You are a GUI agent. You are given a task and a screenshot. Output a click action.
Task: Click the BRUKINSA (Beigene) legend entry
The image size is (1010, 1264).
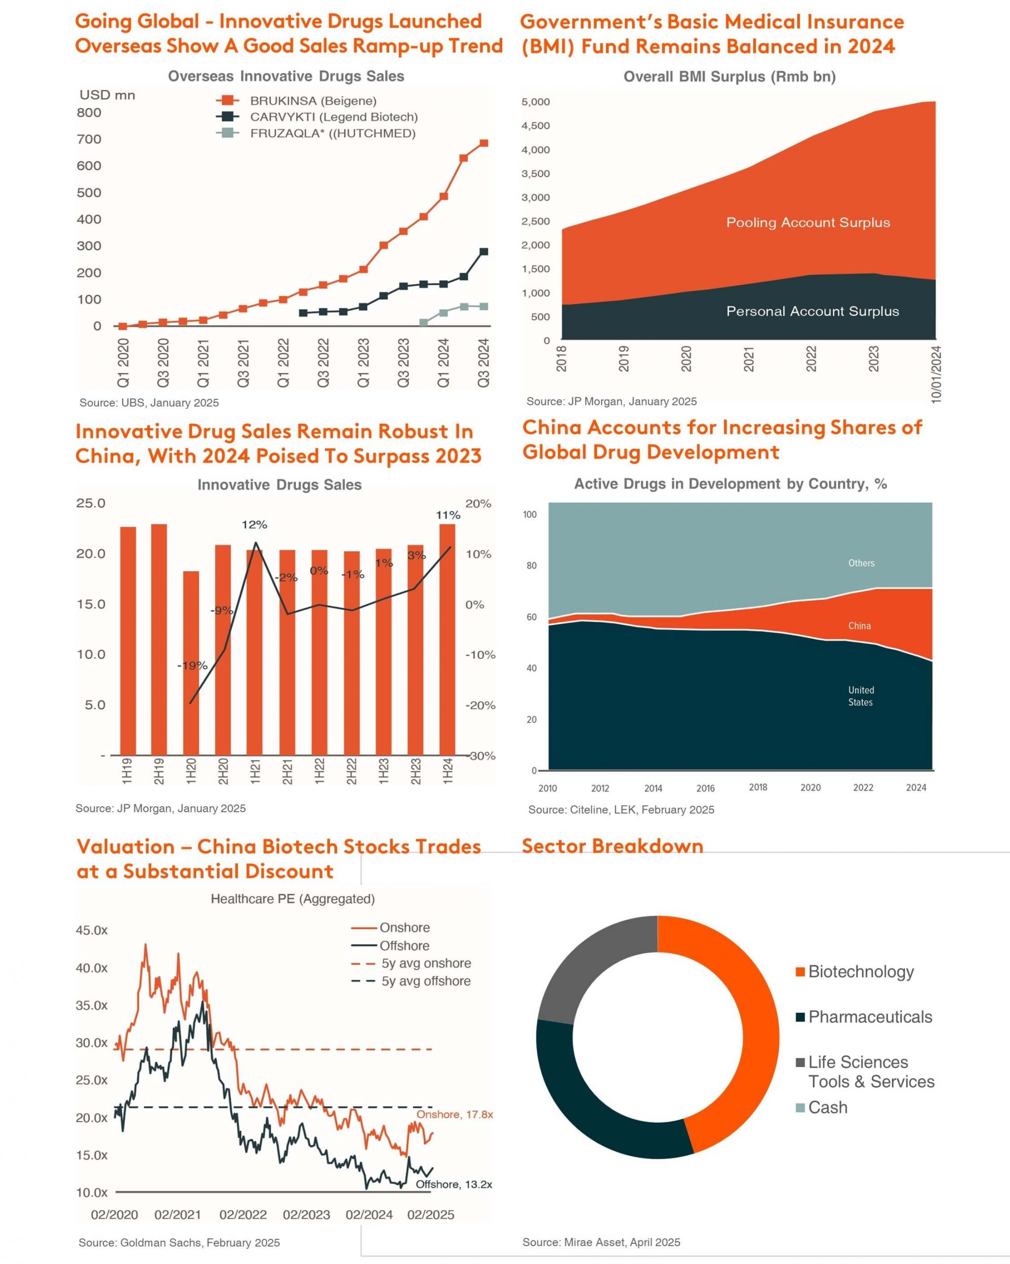coord(297,101)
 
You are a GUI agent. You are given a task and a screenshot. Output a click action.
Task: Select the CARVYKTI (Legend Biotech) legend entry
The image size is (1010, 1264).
coord(317,117)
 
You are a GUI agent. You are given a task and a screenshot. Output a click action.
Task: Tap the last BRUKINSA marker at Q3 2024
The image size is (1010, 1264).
coord(484,143)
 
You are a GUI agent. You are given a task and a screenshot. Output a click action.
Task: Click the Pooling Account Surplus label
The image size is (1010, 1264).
coord(808,223)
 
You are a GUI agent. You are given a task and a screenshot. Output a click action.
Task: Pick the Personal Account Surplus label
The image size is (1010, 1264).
coord(812,312)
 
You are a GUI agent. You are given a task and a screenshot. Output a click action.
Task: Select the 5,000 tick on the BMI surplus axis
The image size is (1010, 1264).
coord(535,102)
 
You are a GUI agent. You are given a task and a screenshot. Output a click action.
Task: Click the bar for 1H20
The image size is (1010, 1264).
coord(191,663)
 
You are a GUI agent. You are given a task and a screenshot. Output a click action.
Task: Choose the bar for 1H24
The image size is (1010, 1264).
coord(447,639)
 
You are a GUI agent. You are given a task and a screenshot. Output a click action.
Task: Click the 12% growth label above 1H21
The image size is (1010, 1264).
coord(254,525)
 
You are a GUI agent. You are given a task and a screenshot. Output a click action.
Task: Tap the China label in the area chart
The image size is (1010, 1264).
coord(859,626)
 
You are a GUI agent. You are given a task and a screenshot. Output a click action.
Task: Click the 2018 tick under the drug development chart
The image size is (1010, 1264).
coord(758,788)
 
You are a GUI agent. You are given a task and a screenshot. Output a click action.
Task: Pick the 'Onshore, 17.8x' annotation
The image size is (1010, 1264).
coord(454,1114)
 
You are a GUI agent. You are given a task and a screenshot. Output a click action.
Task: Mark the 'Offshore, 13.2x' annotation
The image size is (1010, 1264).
coord(454,1185)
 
